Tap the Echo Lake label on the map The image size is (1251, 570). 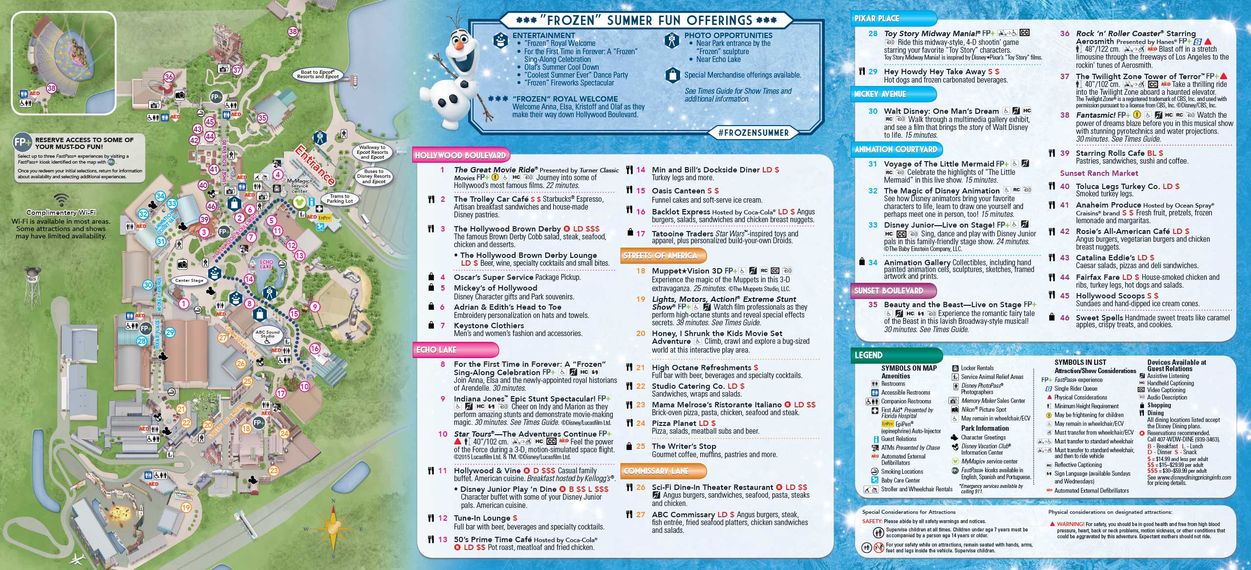[266, 264]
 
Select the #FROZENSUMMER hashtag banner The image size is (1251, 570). [754, 133]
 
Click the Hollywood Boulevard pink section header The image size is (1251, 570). [460, 155]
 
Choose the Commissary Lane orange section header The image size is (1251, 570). [656, 471]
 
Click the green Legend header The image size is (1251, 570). [868, 355]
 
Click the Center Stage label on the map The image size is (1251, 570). [189, 280]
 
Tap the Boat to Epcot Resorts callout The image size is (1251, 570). [317, 74]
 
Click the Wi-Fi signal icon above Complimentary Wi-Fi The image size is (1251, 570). [61, 200]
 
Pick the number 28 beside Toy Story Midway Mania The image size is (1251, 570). [873, 34]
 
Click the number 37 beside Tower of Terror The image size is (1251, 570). [1065, 76]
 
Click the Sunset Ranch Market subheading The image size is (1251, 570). [1099, 173]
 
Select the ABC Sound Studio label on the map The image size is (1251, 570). [267, 334]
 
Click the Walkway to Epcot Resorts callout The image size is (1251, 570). [372, 152]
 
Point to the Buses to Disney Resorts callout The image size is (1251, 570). [374, 176]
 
